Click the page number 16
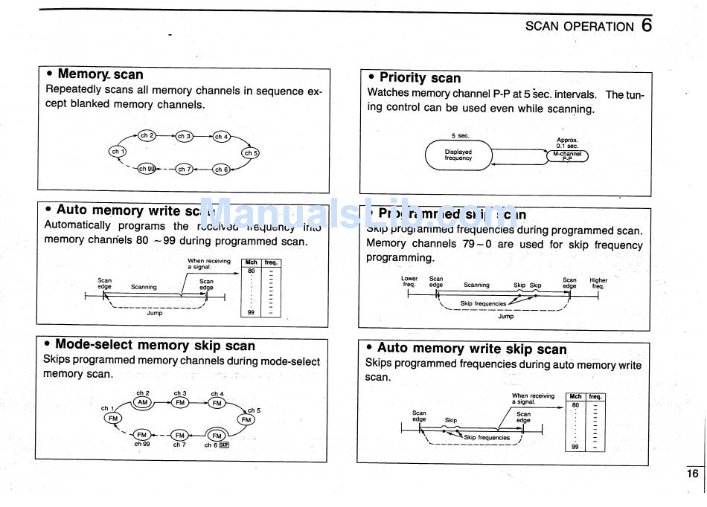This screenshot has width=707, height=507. [x=692, y=474]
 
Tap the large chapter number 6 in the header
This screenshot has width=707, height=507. [x=646, y=25]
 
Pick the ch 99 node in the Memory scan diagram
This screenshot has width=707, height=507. [x=147, y=169]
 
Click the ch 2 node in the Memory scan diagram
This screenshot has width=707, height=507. [x=147, y=135]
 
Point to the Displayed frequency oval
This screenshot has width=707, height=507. [x=458, y=155]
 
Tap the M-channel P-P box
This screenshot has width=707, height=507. [x=567, y=156]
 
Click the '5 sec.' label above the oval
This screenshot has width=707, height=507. [x=459, y=135]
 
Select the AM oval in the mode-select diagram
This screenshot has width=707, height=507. [x=143, y=402]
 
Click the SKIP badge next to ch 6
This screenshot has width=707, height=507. [x=224, y=445]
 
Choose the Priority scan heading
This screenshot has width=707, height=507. [x=420, y=77]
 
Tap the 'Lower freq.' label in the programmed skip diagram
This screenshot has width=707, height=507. [x=409, y=282]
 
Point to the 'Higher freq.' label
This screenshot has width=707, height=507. [x=598, y=283]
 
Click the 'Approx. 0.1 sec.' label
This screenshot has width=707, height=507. [x=567, y=143]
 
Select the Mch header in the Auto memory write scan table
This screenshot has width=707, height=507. [x=252, y=262]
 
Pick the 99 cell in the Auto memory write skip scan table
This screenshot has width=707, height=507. [x=575, y=446]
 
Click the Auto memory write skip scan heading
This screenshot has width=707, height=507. [x=472, y=348]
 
